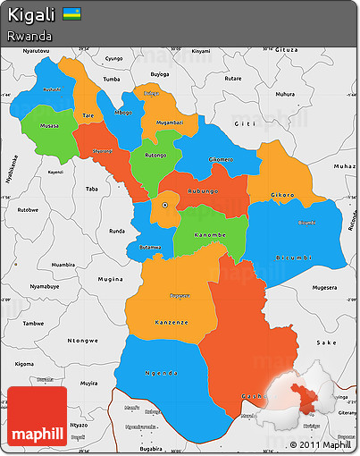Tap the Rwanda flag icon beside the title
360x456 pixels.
click(71, 15)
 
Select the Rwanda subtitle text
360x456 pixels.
click(28, 36)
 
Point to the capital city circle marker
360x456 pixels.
click(164, 205)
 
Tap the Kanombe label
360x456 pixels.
click(209, 235)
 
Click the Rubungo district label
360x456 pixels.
click(204, 191)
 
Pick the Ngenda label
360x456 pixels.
click(162, 372)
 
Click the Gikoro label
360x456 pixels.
click(282, 194)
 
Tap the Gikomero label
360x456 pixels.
click(222, 159)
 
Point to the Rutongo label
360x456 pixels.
click(155, 153)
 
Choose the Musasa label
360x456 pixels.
click(50, 126)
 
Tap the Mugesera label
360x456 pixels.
click(323, 288)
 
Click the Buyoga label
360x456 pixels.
click(159, 74)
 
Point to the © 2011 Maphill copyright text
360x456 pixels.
click(321, 444)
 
